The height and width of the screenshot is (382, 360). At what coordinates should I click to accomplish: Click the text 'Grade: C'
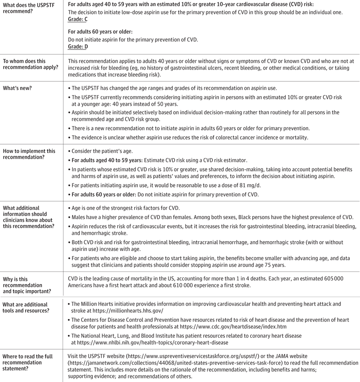(78, 20)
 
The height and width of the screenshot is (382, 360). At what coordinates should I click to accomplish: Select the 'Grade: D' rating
(78, 47)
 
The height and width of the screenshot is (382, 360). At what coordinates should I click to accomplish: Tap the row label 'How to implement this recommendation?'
(29, 154)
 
